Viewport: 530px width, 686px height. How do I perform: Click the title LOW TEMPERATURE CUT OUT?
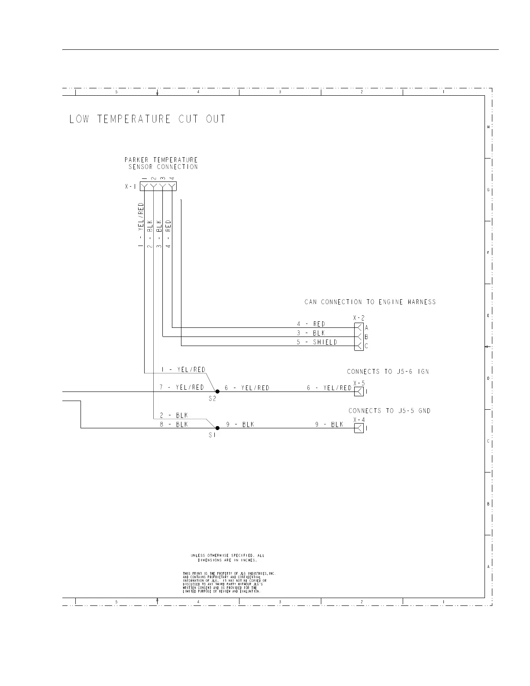point(147,119)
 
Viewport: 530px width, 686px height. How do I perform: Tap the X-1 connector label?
point(130,187)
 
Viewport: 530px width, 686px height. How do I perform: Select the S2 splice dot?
point(217,392)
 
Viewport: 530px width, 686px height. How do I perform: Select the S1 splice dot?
point(217,428)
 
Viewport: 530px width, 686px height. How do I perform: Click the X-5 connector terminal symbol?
point(359,392)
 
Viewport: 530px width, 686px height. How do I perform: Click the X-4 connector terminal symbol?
point(359,428)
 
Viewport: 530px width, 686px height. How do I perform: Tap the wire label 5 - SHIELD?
point(317,342)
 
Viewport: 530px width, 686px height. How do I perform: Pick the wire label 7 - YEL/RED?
point(182,387)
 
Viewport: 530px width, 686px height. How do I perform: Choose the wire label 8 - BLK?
point(174,424)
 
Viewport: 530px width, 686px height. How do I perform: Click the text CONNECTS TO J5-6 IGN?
point(388,372)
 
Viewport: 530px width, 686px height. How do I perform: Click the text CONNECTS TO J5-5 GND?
point(390,411)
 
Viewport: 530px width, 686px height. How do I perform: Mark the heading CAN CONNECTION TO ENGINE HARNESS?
point(370,302)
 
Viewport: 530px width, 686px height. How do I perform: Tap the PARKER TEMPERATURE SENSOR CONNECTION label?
point(162,163)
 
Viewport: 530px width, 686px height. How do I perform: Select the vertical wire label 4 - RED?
point(168,233)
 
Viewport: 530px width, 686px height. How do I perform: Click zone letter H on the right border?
point(488,127)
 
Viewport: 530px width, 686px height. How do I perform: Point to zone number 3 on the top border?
point(280,92)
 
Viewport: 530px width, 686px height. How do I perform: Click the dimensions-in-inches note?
point(227,558)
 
